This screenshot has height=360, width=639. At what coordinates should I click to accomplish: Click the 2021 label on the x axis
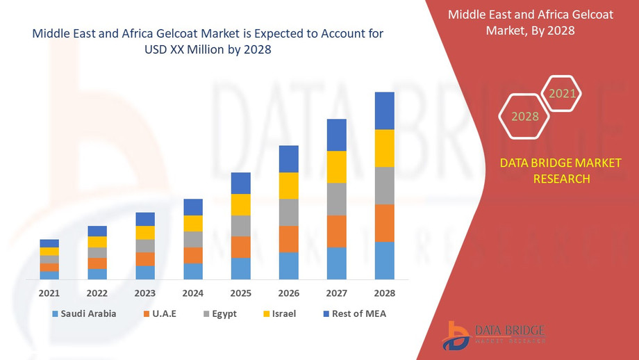pos(49,293)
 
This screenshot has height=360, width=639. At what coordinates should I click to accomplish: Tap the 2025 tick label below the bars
pos(241,293)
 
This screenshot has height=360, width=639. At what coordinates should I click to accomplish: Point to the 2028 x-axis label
pos(384,293)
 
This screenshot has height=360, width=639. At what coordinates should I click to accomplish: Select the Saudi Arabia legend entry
pos(83,313)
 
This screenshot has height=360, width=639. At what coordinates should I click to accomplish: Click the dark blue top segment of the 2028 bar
pos(384,111)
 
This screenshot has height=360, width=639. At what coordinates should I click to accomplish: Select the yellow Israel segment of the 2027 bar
pos(337,167)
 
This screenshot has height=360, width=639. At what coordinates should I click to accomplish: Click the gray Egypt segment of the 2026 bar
pos(289,212)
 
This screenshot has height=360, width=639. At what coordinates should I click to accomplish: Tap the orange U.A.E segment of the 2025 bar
pos(241,247)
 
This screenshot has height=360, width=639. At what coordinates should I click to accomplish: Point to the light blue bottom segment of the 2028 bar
pos(384,261)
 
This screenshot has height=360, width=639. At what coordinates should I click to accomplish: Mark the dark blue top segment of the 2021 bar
pos(49,243)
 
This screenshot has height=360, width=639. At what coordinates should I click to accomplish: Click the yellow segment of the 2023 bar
pos(145,233)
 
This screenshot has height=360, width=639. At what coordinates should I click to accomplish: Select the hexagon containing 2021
pos(562,93)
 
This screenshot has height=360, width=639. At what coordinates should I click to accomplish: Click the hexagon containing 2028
pos(525,116)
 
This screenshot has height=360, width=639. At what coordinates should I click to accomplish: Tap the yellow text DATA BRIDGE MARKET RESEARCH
pos(545,171)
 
